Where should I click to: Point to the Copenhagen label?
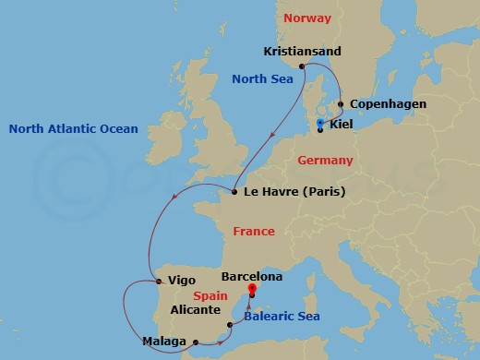[x=388, y=104]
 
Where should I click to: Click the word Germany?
[x=326, y=161]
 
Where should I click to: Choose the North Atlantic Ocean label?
[x=73, y=129]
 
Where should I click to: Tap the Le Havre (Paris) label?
[x=289, y=193]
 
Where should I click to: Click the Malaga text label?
[x=163, y=342]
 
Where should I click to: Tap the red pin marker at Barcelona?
[x=252, y=289]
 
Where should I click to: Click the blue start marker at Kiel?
[x=319, y=124]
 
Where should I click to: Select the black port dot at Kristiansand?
[x=303, y=65]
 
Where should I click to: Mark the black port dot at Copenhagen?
[x=341, y=104]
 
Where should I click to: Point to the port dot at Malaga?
[x=196, y=342]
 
